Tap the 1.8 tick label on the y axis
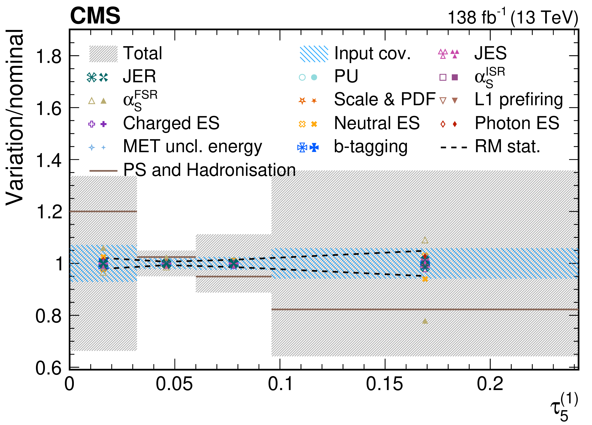pos(49,56)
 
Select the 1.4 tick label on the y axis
pos(49,160)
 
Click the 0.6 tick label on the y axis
pos(49,368)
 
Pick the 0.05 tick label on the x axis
pos(174,384)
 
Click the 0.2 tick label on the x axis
pos(490,384)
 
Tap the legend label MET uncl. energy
pos(192,147)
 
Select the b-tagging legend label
pos(371,147)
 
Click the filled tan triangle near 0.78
pos(425,321)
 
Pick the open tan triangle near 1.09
pos(425,240)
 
